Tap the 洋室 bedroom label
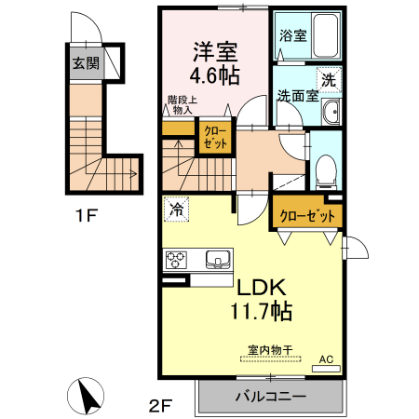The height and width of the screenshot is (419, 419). click(x=215, y=48)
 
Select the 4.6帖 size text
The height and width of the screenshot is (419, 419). click(x=215, y=72)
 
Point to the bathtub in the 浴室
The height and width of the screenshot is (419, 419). click(x=325, y=36)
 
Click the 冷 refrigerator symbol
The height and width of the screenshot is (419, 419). click(x=175, y=210)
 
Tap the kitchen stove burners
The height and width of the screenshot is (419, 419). click(x=177, y=259)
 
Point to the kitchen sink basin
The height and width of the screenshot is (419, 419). click(x=218, y=259)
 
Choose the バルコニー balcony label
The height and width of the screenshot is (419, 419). click(x=270, y=398)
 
